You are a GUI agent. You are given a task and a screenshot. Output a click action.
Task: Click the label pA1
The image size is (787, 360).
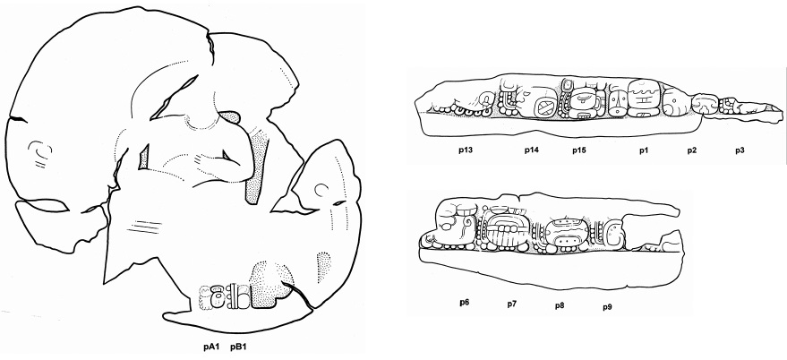pyautogui.click(x=211, y=347)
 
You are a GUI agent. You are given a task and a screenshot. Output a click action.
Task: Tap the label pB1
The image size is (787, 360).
pyautogui.click(x=239, y=347)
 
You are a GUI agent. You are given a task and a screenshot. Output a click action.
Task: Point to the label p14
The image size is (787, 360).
pyautogui.click(x=532, y=150)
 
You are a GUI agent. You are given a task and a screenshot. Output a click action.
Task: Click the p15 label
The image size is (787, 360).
pyautogui.click(x=580, y=150)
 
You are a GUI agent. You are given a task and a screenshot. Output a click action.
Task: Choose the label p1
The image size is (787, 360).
pyautogui.click(x=644, y=150)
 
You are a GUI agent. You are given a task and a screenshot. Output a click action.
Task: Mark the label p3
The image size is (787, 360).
pyautogui.click(x=740, y=150)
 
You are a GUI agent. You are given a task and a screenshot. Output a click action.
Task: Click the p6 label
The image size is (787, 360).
pyautogui.click(x=465, y=303)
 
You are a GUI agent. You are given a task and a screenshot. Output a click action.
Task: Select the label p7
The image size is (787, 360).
pyautogui.click(x=512, y=304)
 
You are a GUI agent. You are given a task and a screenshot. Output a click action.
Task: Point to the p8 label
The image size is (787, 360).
pyautogui.click(x=560, y=305)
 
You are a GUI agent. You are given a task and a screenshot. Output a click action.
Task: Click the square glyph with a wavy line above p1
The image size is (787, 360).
pyautogui.click(x=644, y=98)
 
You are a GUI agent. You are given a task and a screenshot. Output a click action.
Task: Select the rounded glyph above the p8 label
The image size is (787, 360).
pyautogui.click(x=566, y=235)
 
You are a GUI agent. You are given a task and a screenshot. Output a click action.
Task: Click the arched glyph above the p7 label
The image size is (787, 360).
pyautogui.click(x=507, y=230)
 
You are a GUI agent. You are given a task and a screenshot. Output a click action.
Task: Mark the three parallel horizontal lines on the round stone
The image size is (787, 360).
pyautogui.click(x=144, y=227)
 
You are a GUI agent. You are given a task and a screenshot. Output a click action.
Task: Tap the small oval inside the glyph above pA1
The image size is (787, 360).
pyautogui.click(x=218, y=300)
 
